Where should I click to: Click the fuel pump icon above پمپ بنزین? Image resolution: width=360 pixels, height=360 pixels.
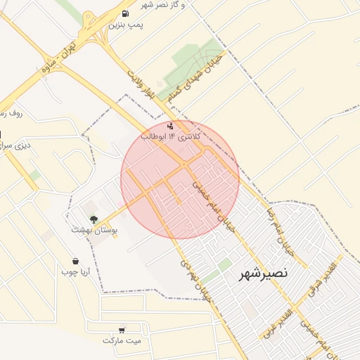point(125,13)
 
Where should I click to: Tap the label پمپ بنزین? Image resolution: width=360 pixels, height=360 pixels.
point(126,25)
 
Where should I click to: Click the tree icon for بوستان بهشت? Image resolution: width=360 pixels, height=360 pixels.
point(94,219)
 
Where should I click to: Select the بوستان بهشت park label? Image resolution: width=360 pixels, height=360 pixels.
point(94,229)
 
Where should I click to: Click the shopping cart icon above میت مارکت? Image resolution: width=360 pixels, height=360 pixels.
point(122,330)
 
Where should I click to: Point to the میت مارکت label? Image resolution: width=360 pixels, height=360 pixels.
point(122,340)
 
